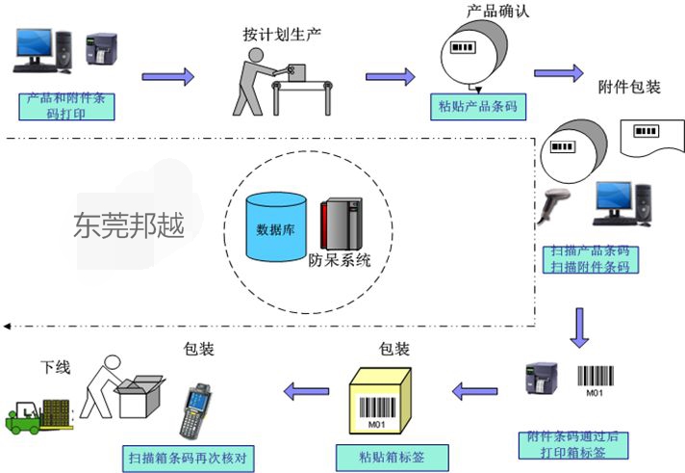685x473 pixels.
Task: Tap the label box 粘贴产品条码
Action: click(478, 106)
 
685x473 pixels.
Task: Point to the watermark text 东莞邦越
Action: click(127, 224)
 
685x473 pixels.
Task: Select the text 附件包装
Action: click(629, 87)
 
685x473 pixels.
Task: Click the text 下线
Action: click(55, 368)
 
